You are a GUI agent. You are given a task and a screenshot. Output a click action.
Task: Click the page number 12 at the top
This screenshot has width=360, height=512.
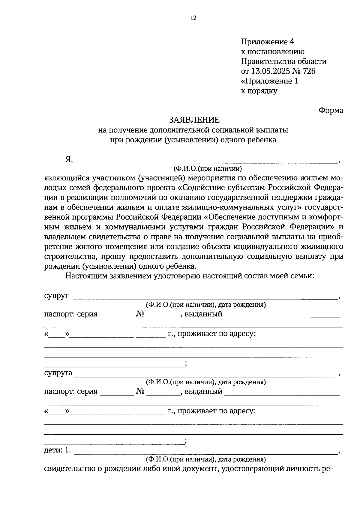193,18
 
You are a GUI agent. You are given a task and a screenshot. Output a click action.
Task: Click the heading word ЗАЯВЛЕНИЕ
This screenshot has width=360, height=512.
194,120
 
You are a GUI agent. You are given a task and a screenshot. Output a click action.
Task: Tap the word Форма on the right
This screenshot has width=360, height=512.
331,110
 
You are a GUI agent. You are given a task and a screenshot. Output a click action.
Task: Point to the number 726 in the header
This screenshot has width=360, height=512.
309,71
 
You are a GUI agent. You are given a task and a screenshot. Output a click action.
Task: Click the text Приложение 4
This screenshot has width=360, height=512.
265,42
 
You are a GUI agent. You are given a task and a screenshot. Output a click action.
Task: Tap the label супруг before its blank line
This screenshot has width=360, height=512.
56,296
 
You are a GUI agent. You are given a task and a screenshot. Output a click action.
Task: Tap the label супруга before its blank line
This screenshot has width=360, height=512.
58,373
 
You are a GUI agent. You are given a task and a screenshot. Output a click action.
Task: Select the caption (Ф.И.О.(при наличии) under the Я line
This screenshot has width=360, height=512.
207,168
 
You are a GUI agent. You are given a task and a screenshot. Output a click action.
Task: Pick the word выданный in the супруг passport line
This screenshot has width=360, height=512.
203,314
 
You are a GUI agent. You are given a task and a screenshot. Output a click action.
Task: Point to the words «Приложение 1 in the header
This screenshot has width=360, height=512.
269,81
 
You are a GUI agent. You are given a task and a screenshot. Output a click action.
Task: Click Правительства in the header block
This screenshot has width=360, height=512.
268,61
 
